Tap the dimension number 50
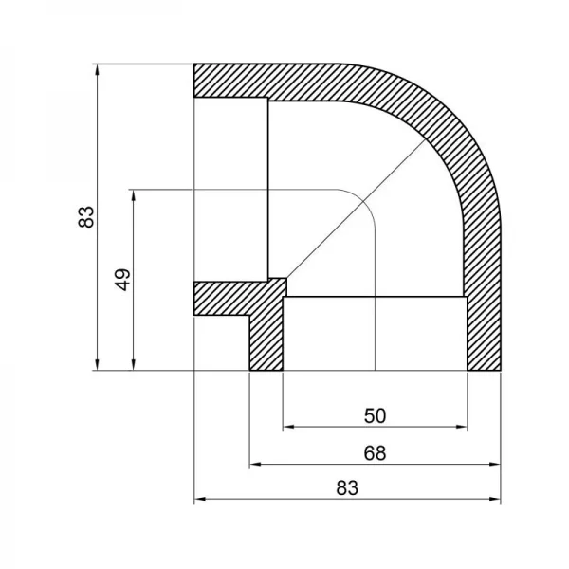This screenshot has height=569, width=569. tap(375, 415)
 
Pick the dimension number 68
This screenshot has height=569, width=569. tap(375, 453)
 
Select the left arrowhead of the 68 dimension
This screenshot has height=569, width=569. tap(254, 465)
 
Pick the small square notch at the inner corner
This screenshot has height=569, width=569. tap(277, 285)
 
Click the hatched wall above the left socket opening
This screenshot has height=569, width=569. tap(232, 81)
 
